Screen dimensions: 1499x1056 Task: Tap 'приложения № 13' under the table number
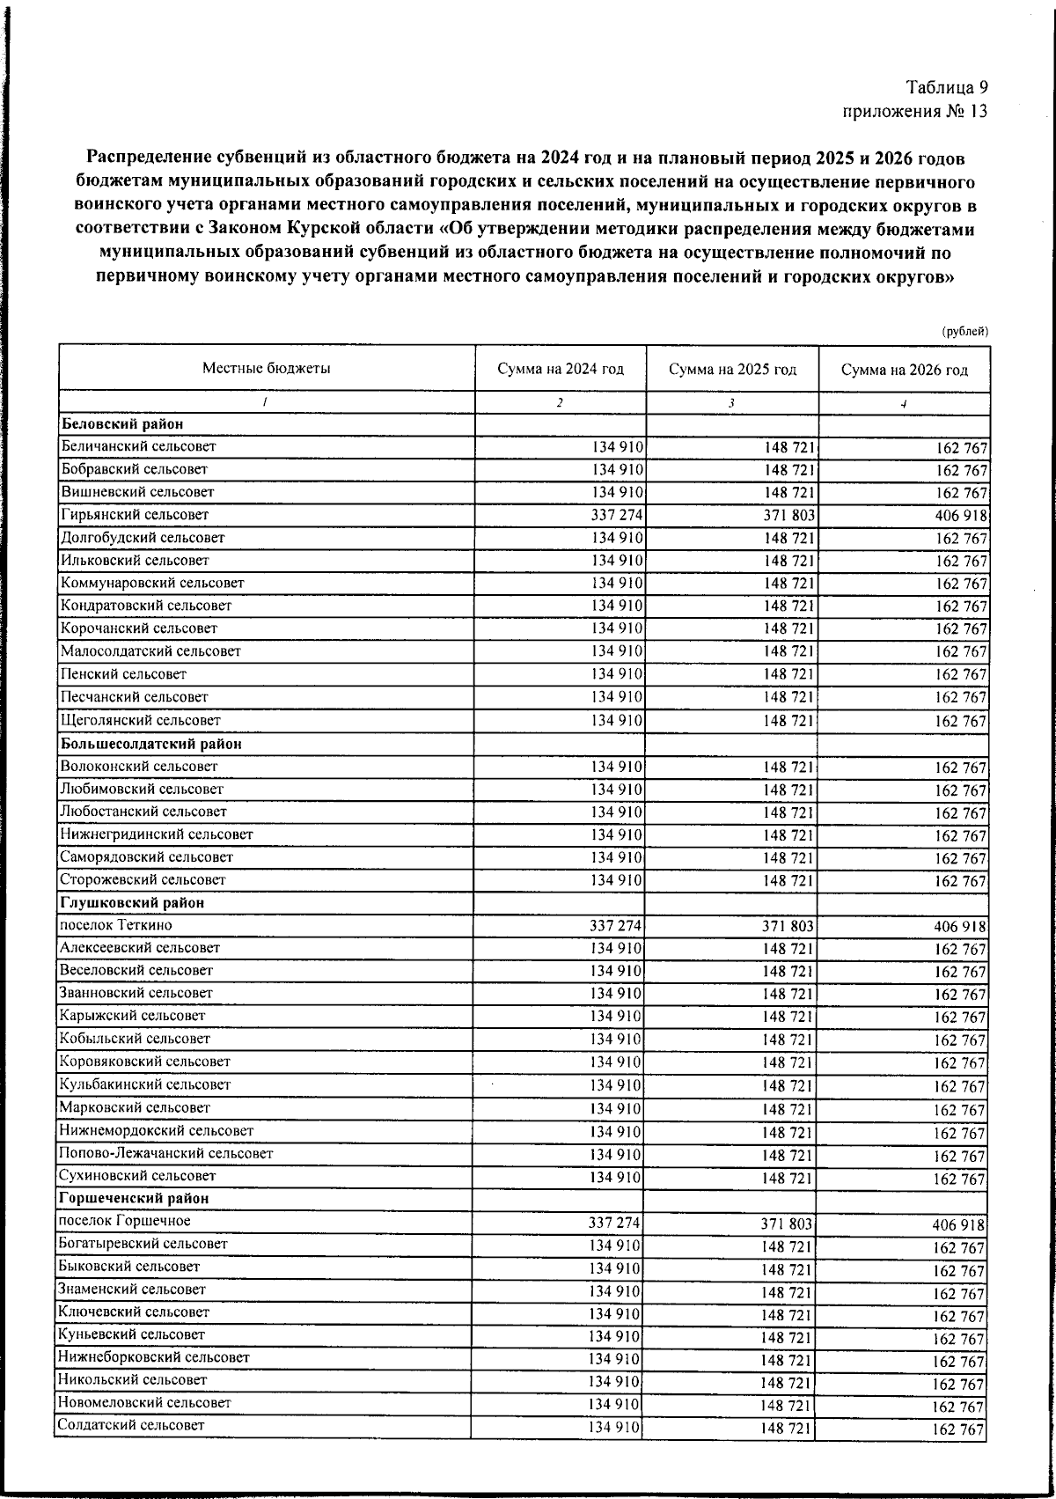[914, 112]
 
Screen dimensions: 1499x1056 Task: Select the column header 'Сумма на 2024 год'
[560, 370]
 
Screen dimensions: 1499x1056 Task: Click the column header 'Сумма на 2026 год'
[904, 371]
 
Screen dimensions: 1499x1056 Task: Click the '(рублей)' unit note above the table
[964, 332]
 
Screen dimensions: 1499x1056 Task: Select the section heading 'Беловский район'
[121, 424]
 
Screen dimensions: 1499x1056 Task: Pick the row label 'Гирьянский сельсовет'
[135, 515]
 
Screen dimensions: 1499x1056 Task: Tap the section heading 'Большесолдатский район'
[151, 744]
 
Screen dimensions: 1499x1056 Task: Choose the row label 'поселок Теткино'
[115, 925]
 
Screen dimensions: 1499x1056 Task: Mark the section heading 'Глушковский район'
[132, 903]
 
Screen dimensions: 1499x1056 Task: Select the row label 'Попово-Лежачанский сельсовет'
[165, 1153]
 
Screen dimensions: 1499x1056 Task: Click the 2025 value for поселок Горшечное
[788, 1223]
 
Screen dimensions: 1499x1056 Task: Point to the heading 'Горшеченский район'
[134, 1199]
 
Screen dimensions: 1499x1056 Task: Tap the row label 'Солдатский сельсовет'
[130, 1425]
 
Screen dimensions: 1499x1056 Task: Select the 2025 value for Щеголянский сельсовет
[788, 721]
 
